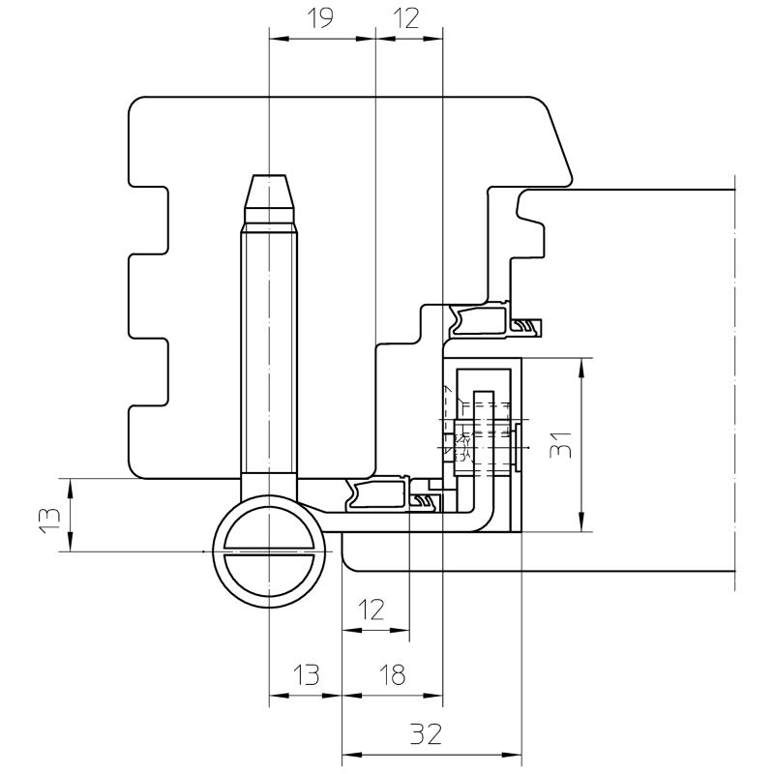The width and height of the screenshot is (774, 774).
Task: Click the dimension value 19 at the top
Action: coord(319,19)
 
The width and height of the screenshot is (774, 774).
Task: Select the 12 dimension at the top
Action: coord(407,19)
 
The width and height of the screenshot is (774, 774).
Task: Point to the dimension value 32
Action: coord(425,734)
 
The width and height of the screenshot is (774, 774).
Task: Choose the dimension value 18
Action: coord(392,674)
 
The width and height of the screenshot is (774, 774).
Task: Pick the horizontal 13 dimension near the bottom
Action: coord(305,674)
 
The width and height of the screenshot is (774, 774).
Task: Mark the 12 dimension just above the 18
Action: coord(372,610)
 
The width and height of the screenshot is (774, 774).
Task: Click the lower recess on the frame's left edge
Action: coord(150,372)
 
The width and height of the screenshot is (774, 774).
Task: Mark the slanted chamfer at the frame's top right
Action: coord(558,140)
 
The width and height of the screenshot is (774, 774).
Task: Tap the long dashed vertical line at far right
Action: coord(735,387)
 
